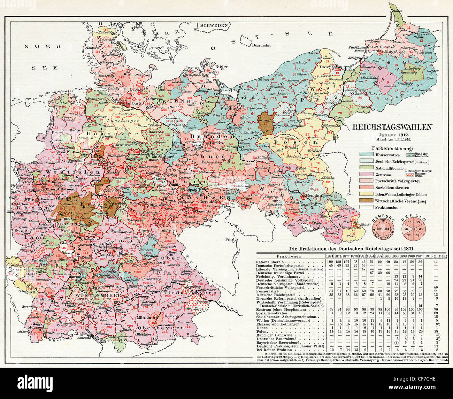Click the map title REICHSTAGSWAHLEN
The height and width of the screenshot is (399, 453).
point(393,127)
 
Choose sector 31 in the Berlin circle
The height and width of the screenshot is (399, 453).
point(406,229)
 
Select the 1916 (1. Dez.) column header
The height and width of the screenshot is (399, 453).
point(436,257)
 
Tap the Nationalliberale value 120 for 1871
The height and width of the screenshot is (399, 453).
point(329,262)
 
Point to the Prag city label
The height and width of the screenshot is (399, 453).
point(228,240)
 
